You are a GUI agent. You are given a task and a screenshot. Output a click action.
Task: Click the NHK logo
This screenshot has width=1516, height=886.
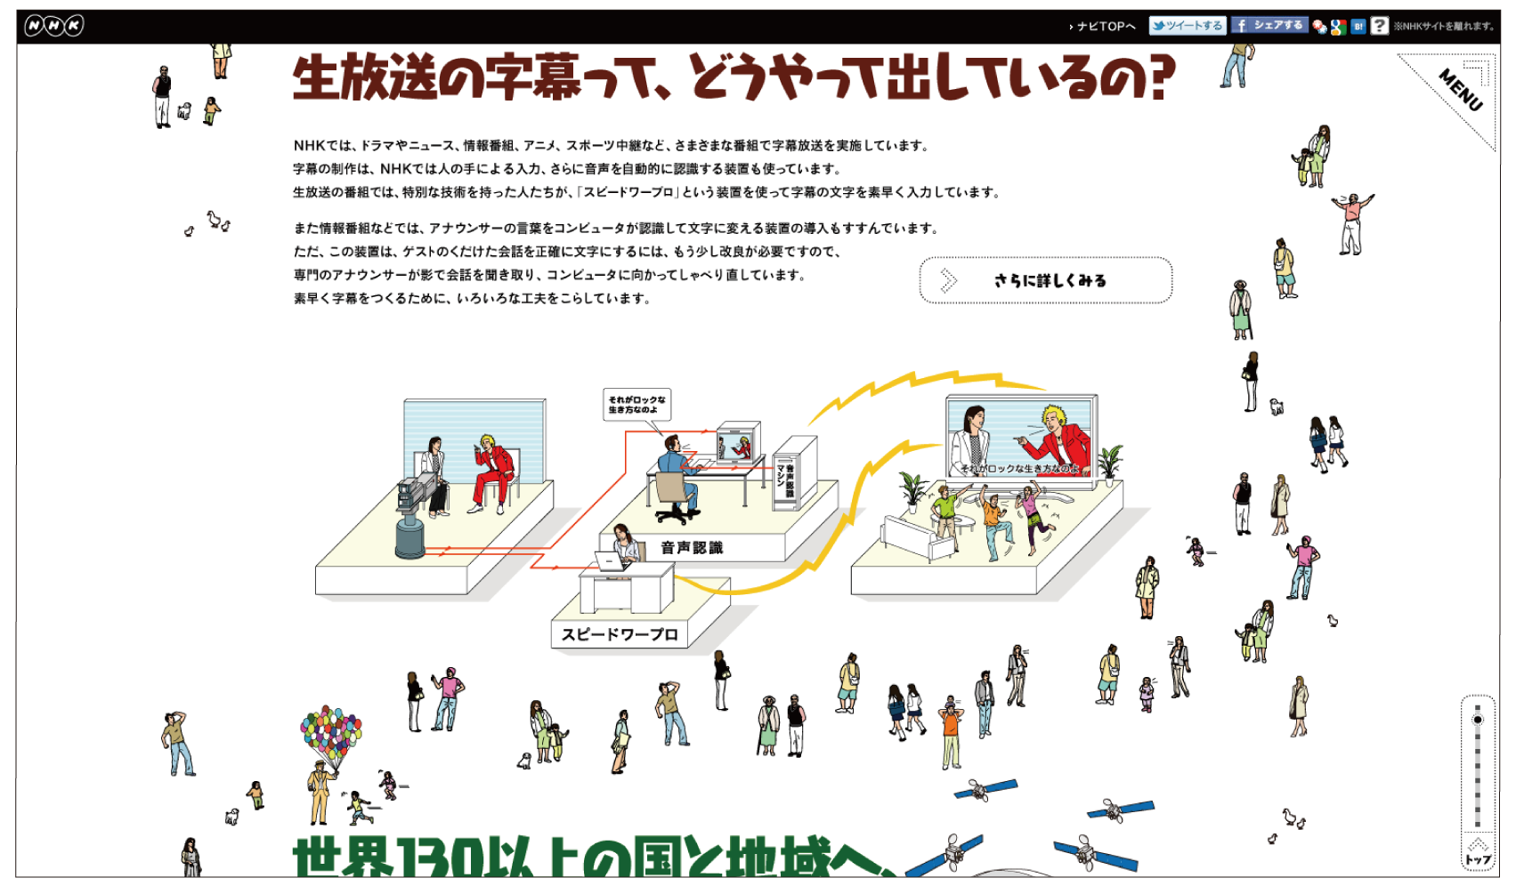tap(53, 26)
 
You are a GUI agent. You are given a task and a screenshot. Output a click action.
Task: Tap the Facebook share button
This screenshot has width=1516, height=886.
tap(1269, 26)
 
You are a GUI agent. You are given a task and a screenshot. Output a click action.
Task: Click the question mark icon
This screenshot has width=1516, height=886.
tap(1379, 26)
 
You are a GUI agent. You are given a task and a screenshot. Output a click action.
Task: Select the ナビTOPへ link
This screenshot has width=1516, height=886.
tap(1105, 27)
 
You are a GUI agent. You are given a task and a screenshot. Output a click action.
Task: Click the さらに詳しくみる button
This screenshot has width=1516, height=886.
tap(1045, 280)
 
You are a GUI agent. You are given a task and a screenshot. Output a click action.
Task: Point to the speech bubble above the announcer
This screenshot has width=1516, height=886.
tap(636, 405)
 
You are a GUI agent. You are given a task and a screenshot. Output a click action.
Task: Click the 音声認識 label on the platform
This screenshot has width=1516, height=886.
tap(692, 548)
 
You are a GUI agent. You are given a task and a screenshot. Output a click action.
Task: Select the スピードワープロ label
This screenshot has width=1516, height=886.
tap(620, 634)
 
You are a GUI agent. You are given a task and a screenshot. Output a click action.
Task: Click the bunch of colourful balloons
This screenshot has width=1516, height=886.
tap(330, 734)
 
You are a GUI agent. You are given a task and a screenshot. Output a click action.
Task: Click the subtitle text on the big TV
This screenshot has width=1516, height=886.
tap(1018, 469)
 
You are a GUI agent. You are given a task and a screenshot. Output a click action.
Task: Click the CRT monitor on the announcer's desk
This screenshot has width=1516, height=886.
tap(738, 442)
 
